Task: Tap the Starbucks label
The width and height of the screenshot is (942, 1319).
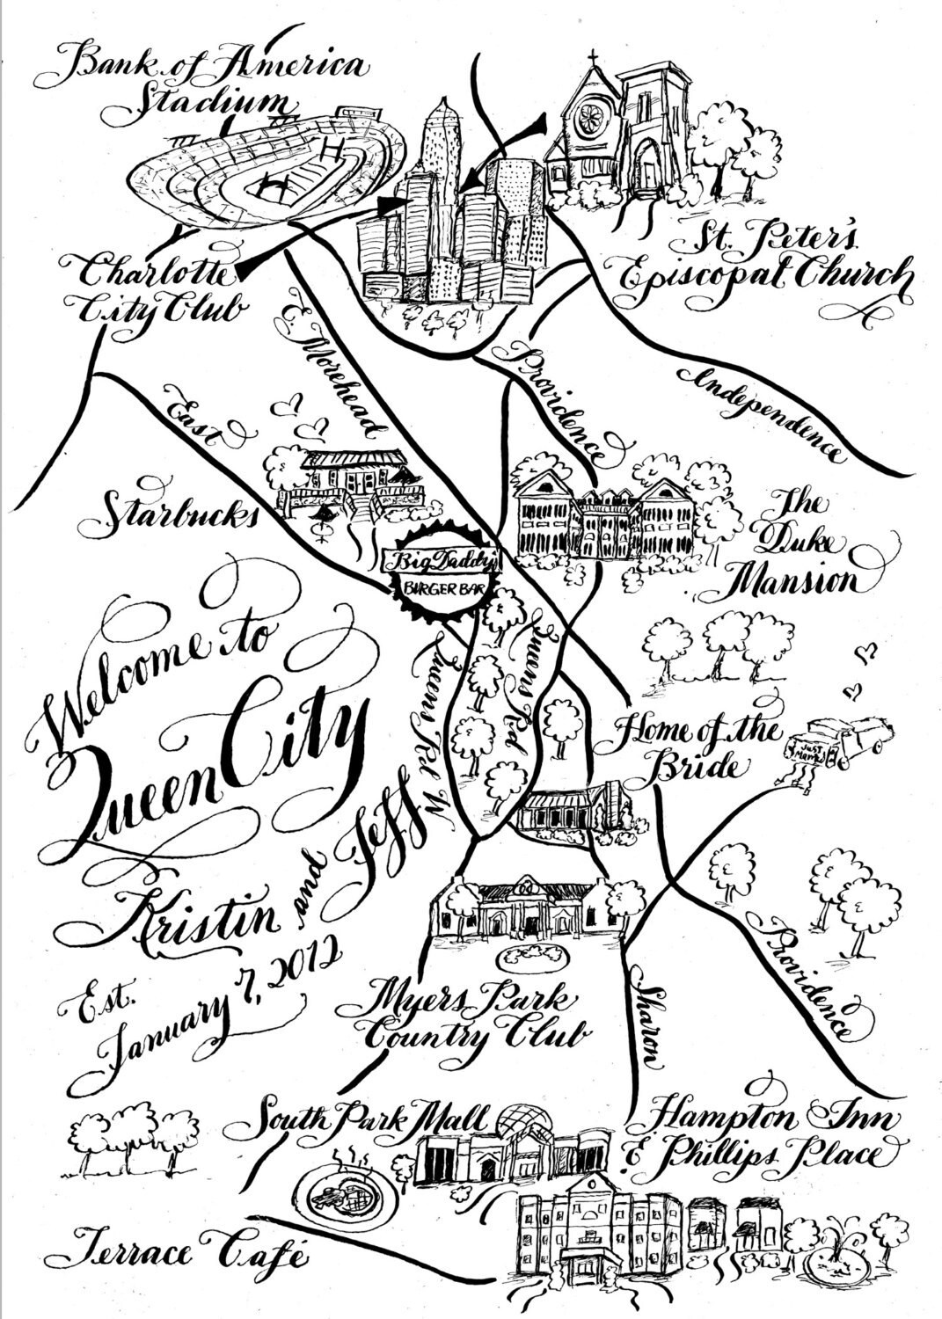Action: [x=172, y=510]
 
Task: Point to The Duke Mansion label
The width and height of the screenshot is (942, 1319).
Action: [x=796, y=545]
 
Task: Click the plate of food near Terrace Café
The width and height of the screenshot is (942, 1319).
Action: [x=339, y=1196]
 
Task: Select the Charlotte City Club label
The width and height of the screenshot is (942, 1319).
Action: [x=154, y=286]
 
